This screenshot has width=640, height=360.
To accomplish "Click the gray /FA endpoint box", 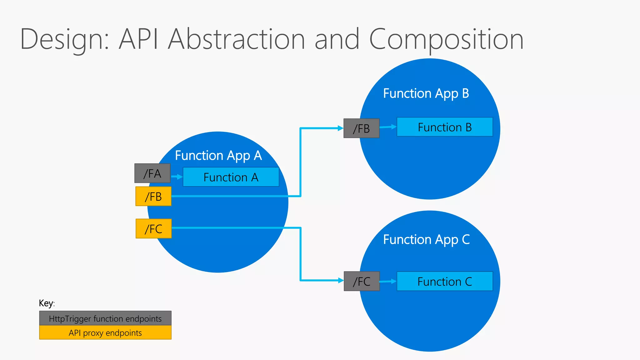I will click(x=152, y=173).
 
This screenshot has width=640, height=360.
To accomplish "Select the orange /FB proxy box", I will click(x=153, y=196).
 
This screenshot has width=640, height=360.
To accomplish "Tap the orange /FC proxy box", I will click(x=153, y=228).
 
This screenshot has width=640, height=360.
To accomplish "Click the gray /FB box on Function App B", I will click(x=361, y=128).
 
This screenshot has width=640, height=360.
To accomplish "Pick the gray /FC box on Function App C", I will click(x=362, y=281).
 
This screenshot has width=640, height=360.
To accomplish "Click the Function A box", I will click(x=231, y=177).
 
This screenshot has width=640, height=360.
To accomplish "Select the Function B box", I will click(x=444, y=127).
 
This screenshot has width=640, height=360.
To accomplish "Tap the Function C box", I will click(x=444, y=281).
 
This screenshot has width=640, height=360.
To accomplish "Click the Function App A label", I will click(x=218, y=155).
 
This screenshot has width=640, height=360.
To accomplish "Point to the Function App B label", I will click(x=426, y=93).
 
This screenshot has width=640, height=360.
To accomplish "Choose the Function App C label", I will click(x=426, y=239).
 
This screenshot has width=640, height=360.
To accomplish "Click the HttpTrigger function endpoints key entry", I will click(x=105, y=318).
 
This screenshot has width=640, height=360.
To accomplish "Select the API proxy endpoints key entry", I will click(x=105, y=332).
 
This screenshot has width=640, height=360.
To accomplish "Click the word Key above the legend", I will click(x=46, y=303).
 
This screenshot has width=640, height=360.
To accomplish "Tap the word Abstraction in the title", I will click(x=236, y=39).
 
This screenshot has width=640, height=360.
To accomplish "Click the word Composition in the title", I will click(x=446, y=39).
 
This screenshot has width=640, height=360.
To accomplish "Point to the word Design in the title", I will click(x=64, y=39).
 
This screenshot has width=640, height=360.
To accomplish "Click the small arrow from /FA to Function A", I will click(x=177, y=177).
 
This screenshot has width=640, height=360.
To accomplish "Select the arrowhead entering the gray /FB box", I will click(x=340, y=128).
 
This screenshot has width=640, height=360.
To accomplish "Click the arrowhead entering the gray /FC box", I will click(x=341, y=280).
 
